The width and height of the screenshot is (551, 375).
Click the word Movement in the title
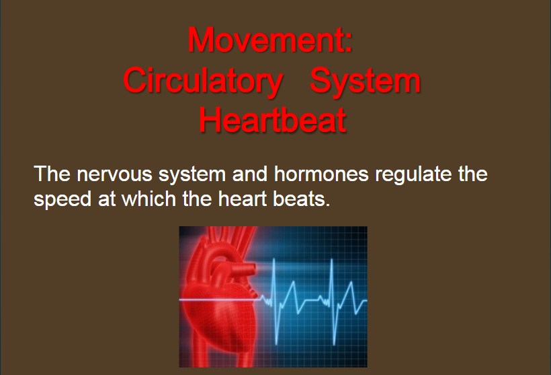[265, 40]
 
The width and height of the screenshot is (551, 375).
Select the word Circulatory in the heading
[203, 81]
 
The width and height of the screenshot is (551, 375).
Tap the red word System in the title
[365, 81]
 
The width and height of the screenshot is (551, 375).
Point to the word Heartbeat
[273, 120]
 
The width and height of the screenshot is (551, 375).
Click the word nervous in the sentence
[114, 174]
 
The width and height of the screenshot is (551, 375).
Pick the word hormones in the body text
[321, 173]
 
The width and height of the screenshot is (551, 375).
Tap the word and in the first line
[250, 173]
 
